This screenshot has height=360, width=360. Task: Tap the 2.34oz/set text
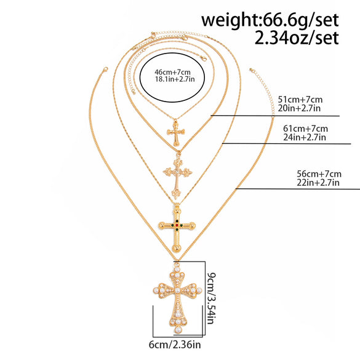tap(297, 38)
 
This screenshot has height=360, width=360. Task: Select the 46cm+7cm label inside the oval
tap(172, 72)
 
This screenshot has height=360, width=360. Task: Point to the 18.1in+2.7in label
tap(175, 79)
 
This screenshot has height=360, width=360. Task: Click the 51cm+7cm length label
tap(300, 100)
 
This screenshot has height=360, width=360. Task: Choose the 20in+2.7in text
tap(299, 108)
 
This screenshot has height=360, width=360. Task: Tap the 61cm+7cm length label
tap(305, 129)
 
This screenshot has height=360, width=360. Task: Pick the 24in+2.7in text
tap(305, 137)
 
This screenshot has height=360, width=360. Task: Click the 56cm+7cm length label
tap(319, 174)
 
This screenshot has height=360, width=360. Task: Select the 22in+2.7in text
tap(318, 183)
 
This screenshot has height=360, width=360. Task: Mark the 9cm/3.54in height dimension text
tap(211, 298)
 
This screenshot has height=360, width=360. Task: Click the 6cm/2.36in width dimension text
tap(175, 345)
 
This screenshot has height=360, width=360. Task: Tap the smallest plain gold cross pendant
tap(176, 134)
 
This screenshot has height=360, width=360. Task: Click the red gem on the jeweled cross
tap(177, 225)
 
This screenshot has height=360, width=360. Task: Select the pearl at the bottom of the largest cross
tap(178, 330)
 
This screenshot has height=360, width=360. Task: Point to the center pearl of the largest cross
tap(177, 290)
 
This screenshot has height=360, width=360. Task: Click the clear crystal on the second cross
tap(177, 171)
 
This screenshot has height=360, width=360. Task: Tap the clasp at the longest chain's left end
tap(105, 70)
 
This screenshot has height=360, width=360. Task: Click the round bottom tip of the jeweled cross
tap(176, 248)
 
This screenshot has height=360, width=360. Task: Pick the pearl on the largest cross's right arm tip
tap(199, 290)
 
